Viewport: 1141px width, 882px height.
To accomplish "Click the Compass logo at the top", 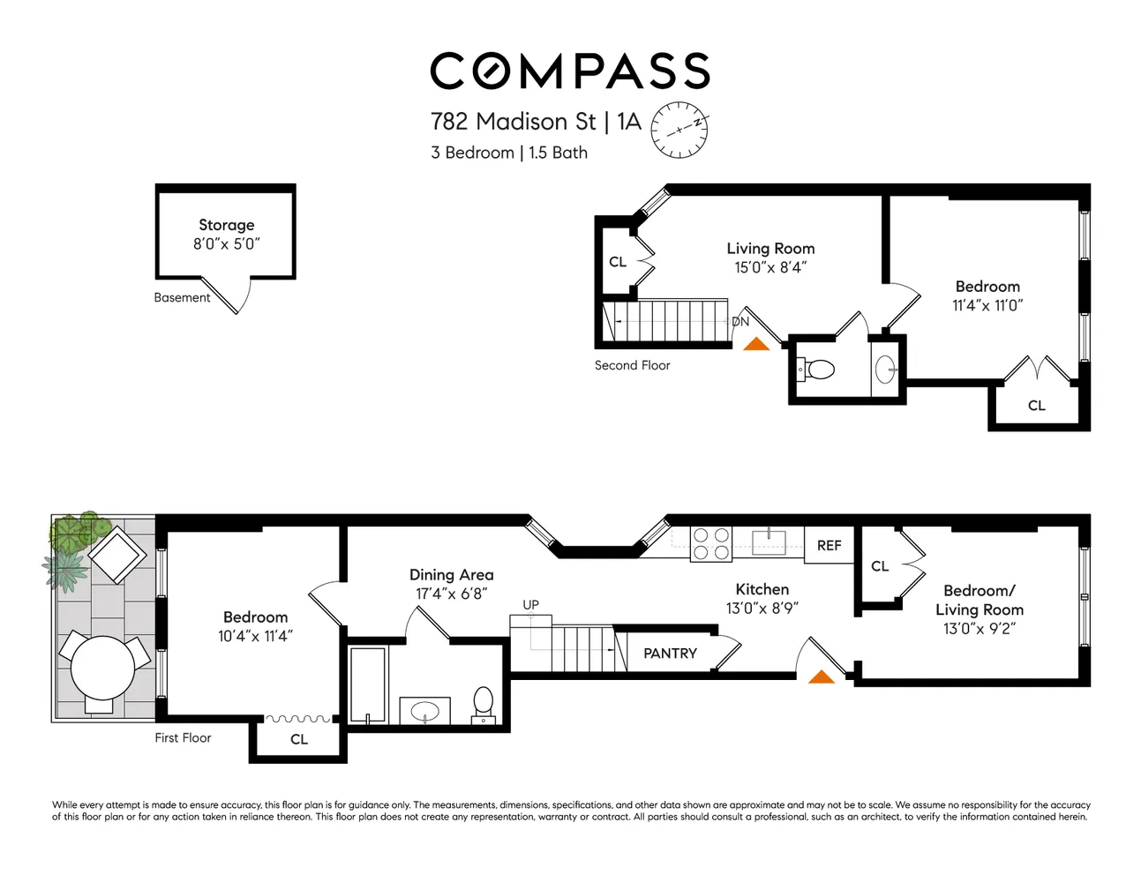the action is pyautogui.click(x=570, y=71).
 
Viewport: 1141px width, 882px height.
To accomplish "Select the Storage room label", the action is pyautogui.click(x=226, y=225).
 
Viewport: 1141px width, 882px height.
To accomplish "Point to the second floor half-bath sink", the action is pyautogui.click(x=885, y=370).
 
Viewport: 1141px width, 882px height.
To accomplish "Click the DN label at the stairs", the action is pyautogui.click(x=739, y=322).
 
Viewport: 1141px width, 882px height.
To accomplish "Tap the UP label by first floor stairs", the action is pyautogui.click(x=530, y=604).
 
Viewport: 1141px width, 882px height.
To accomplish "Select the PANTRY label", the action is pyautogui.click(x=670, y=654).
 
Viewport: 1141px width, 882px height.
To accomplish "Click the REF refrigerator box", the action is pyautogui.click(x=829, y=546).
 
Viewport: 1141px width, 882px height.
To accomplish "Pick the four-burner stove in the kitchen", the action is pyautogui.click(x=711, y=544).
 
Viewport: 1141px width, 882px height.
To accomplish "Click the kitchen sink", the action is pyautogui.click(x=769, y=542).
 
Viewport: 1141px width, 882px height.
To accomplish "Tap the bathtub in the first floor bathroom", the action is pyautogui.click(x=368, y=684).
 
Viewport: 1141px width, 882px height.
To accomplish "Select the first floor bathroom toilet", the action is pyautogui.click(x=483, y=705).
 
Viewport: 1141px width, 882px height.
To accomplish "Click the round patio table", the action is pyautogui.click(x=103, y=668).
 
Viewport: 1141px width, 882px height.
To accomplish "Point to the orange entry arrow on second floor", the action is pyautogui.click(x=756, y=344).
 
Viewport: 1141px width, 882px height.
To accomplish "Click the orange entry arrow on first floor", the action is pyautogui.click(x=822, y=676).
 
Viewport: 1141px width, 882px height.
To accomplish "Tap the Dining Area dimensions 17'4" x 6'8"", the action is pyautogui.click(x=452, y=594).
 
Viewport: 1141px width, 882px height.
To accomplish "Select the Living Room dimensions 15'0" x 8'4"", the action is pyautogui.click(x=770, y=267).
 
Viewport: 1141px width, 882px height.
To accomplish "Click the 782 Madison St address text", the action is pyautogui.click(x=513, y=122).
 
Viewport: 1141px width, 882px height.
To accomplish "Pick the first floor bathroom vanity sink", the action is pyautogui.click(x=424, y=711).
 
